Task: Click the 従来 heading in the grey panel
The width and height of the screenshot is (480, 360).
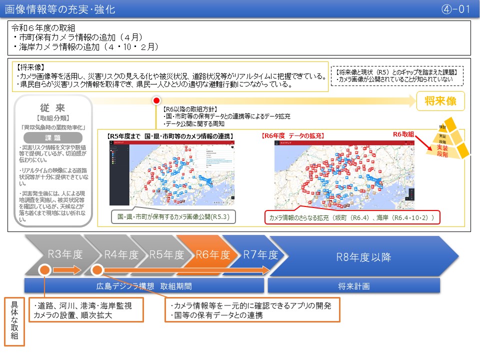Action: point(53,107)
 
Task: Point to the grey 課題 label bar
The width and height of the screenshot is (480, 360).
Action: point(53,137)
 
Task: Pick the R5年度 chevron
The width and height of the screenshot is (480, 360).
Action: point(167,255)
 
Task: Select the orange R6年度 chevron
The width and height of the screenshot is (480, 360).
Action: point(212,255)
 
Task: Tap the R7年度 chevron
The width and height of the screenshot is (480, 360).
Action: point(260,255)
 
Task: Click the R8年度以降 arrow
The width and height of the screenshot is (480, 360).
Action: point(362,257)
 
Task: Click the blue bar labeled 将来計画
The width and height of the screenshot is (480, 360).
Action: point(353,286)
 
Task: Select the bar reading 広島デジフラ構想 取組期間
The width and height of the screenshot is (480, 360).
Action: point(144,286)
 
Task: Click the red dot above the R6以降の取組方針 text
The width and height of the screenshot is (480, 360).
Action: point(156,100)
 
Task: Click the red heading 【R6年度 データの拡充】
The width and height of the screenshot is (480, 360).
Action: point(293,135)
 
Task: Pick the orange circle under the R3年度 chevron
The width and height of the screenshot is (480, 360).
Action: point(44,270)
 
